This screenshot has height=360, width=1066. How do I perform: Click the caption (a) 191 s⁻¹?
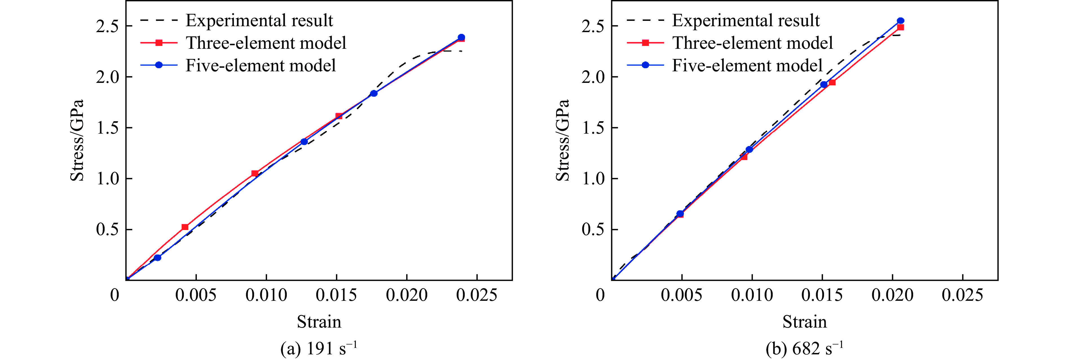tap(319, 348)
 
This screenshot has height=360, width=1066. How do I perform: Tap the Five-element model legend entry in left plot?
tap(260, 65)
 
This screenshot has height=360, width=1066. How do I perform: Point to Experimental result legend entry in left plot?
tap(259, 20)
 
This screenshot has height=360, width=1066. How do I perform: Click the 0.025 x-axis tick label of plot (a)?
tap(477, 295)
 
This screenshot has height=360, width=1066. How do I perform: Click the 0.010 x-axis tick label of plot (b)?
tap(752, 295)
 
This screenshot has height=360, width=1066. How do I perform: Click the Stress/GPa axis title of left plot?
tap(77, 140)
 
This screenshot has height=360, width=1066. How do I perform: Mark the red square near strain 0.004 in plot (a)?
tap(185, 227)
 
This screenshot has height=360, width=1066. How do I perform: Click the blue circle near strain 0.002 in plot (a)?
tap(157, 258)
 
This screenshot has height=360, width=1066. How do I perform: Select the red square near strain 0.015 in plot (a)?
tap(339, 116)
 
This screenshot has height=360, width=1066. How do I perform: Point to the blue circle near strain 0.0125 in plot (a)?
tap(304, 142)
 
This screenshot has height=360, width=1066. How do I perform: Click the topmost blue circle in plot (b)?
tap(900, 21)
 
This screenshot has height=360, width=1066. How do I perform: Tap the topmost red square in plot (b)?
tap(900, 27)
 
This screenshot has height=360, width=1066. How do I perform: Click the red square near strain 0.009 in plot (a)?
tap(255, 173)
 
